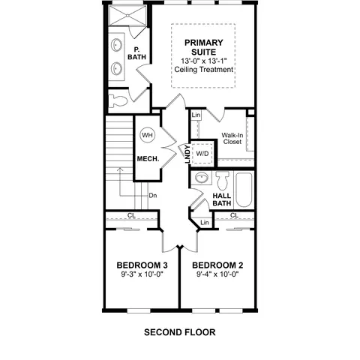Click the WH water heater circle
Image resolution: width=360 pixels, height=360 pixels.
(x=147, y=135)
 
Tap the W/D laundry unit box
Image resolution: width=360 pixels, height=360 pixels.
(x=202, y=154)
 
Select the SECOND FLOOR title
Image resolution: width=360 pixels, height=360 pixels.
(x=180, y=332)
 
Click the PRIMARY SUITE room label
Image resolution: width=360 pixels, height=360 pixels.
(x=204, y=47)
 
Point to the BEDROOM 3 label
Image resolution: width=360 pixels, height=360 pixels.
(x=142, y=265)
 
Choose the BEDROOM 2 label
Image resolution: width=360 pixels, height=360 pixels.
(x=217, y=265)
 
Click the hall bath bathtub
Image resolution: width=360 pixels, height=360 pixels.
(x=244, y=190)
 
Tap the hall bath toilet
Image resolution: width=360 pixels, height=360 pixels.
(x=223, y=181)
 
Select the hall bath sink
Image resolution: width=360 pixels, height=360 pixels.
(x=202, y=178)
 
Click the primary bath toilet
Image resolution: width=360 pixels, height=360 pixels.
(x=118, y=101)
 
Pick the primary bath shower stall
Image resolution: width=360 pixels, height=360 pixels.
(x=127, y=16)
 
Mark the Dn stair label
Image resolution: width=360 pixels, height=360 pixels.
(x=153, y=195)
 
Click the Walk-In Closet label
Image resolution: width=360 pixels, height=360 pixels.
(x=232, y=139)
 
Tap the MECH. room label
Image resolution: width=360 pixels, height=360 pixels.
(x=148, y=159)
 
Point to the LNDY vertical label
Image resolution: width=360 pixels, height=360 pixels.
(x=187, y=154)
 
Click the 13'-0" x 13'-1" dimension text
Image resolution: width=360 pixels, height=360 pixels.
(x=204, y=61)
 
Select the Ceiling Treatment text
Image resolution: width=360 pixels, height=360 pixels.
(x=204, y=70)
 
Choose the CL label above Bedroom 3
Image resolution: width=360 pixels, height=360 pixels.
(x=131, y=215)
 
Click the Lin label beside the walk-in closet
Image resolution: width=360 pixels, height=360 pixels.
(x=196, y=115)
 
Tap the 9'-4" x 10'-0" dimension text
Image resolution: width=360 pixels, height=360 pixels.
(x=217, y=274)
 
